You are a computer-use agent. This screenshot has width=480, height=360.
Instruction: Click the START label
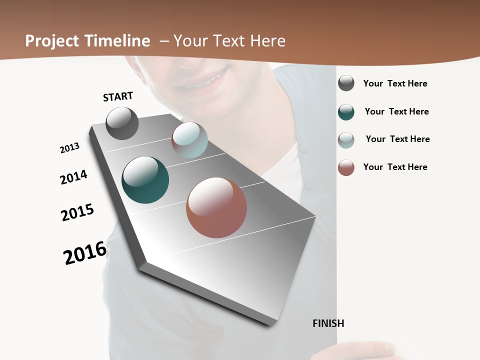(x=118, y=96)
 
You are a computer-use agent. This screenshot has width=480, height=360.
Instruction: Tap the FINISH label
(x=328, y=323)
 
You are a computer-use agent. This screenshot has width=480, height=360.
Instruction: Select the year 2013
(x=69, y=148)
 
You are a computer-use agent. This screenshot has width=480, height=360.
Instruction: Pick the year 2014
(x=73, y=177)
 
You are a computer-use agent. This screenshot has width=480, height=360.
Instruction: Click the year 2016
(x=85, y=253)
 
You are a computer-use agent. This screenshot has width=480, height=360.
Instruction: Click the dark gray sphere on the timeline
(x=122, y=123)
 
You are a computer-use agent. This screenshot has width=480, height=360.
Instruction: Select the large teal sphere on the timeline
(x=145, y=180)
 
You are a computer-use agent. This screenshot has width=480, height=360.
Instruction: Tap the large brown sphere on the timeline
(x=216, y=207)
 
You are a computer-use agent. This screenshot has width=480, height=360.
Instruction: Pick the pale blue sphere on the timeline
(x=189, y=140)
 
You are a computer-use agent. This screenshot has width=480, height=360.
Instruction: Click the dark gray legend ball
(x=346, y=83)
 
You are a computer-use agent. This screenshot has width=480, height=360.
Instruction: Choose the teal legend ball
(x=346, y=112)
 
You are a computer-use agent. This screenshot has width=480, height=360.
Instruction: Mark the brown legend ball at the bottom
(x=346, y=167)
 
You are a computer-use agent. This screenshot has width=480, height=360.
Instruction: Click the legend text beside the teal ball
(x=396, y=111)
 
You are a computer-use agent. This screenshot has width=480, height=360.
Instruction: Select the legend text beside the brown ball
(x=395, y=167)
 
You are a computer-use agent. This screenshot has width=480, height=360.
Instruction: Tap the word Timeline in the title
(x=118, y=41)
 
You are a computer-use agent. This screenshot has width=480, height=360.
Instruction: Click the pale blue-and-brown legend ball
(x=346, y=140)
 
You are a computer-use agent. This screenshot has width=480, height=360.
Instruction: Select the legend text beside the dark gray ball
(x=395, y=83)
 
